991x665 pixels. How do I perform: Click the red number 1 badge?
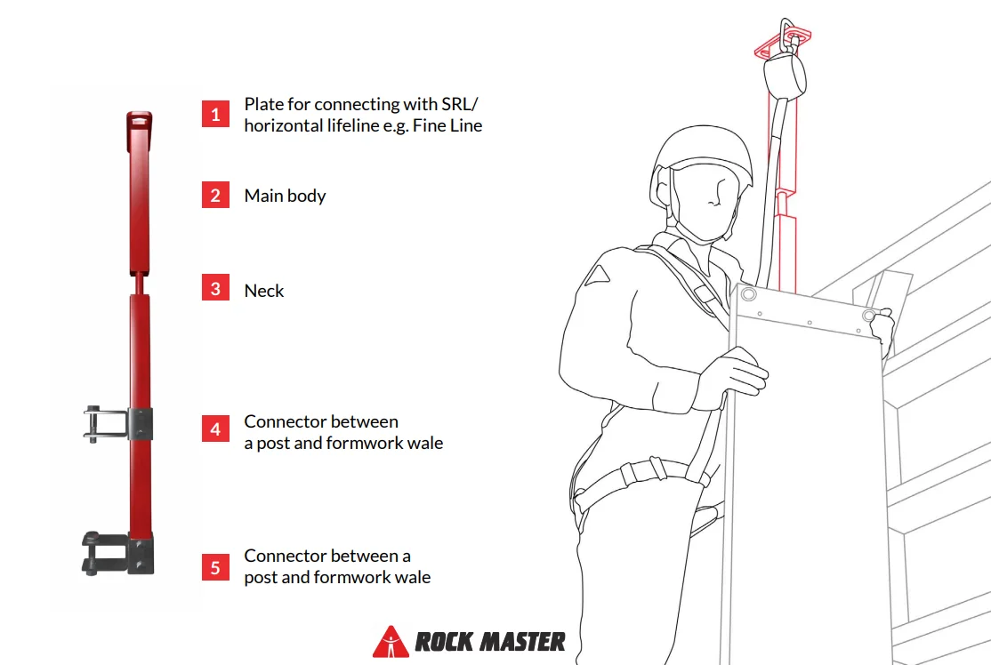[215, 114]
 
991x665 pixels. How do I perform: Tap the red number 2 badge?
[215, 195]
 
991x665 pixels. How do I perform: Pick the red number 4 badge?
[215, 429]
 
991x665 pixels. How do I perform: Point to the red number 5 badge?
[215, 567]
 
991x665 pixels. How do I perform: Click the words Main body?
[285, 196]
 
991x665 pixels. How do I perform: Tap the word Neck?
[264, 291]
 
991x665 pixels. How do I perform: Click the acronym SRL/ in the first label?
[460, 103]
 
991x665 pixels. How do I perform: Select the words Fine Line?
[447, 125]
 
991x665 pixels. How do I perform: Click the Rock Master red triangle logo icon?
[391, 642]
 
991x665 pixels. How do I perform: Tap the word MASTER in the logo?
[523, 642]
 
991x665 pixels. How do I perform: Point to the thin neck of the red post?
[140, 284]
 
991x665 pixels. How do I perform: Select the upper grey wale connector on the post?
[118, 424]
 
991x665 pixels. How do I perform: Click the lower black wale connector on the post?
[118, 553]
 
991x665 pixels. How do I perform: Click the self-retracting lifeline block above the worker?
[785, 76]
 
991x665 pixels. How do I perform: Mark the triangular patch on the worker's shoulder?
[597, 276]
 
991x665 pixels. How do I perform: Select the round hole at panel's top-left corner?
[748, 293]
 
